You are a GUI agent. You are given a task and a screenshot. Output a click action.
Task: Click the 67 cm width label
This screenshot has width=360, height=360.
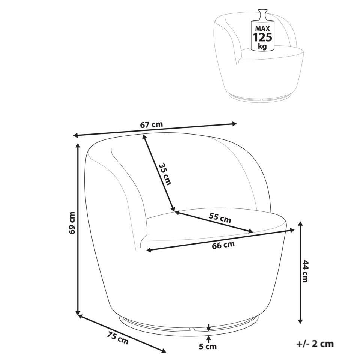pyautogui.click(x=151, y=124)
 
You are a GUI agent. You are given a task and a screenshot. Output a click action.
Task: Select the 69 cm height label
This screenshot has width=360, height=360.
pyautogui.click(x=72, y=223)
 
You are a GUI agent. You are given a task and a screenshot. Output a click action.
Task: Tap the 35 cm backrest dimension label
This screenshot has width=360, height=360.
pyautogui.click(x=165, y=174)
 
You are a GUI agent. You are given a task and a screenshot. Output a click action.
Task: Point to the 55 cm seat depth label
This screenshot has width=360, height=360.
pyautogui.click(x=220, y=217)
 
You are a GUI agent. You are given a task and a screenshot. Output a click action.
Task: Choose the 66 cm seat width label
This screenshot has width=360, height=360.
pyautogui.click(x=223, y=245)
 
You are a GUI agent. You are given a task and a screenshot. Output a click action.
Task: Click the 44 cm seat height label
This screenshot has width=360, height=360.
pyautogui.click(x=305, y=271)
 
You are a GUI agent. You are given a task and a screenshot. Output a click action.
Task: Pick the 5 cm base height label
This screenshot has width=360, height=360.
pyautogui.click(x=208, y=346)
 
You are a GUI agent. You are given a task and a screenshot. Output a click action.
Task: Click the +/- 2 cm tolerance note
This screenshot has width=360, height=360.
pyautogui.click(x=315, y=344)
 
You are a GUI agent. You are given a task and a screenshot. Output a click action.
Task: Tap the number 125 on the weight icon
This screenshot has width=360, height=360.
pyautogui.click(x=262, y=37)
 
